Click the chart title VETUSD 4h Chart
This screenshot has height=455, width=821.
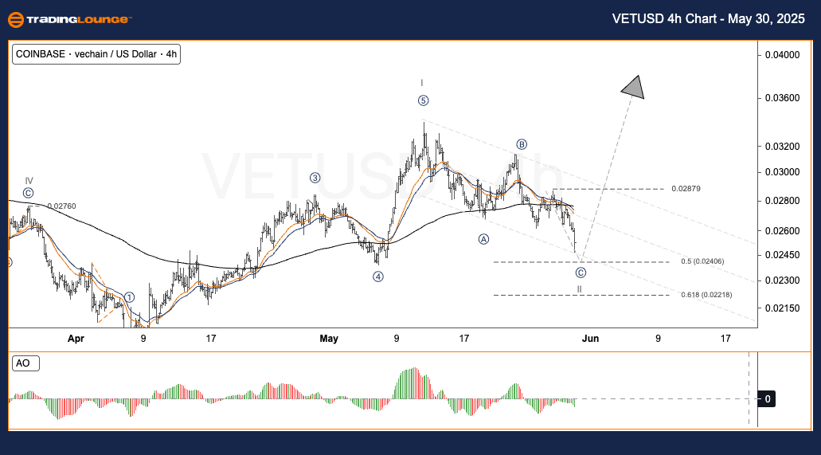pos(708,18)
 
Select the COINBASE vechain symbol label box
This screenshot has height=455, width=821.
pos(96,55)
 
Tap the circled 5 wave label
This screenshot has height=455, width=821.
pos(423,100)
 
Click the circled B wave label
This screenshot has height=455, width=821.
pos(522,144)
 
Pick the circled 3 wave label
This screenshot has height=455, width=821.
pos(315,178)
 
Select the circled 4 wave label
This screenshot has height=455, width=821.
pos(378,277)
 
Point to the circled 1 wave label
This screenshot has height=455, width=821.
pos(129,297)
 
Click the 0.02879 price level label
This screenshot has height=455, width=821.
pos(686,189)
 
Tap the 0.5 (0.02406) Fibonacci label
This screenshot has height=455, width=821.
pos(702,261)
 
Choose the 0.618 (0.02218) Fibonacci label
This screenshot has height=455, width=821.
pos(706,295)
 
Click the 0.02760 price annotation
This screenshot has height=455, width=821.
pos(61,206)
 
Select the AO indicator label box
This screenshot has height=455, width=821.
pos(23,363)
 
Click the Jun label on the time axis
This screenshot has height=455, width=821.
pos(590,339)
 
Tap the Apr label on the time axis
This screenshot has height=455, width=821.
pos(76,339)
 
